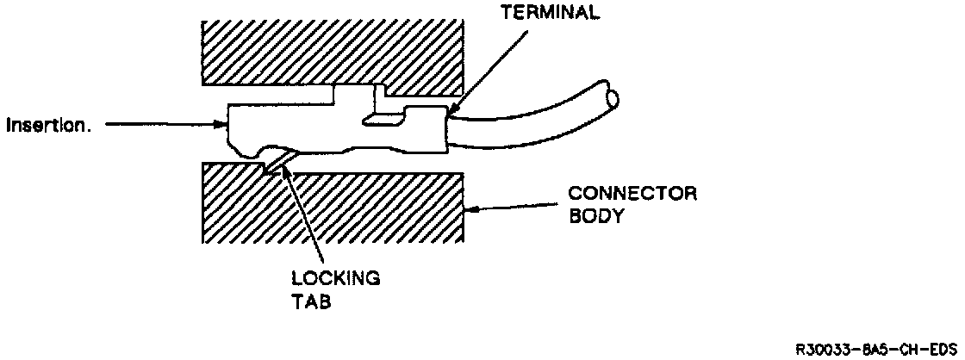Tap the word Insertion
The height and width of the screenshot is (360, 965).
(48, 125)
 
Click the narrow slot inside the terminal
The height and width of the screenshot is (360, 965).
(383, 121)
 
